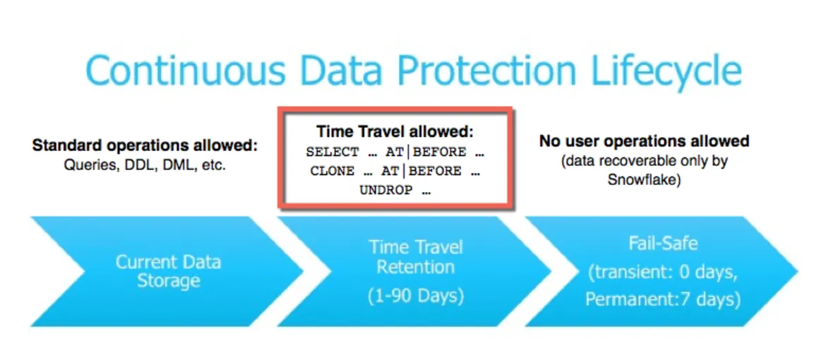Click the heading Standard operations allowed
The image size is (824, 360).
pyautogui.click(x=145, y=147)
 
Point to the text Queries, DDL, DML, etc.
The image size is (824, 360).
pyautogui.click(x=145, y=168)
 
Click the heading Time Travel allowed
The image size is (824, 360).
pyautogui.click(x=395, y=132)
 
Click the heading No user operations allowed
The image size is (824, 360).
pyautogui.click(x=644, y=141)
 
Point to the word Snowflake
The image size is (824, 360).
pyautogui.click(x=643, y=181)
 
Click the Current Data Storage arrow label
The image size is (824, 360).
pyautogui.click(x=168, y=271)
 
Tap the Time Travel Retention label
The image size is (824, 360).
pyautogui.click(x=415, y=257)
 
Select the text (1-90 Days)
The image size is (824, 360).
pyautogui.click(x=415, y=295)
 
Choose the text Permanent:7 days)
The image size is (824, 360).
pyautogui.click(x=662, y=299)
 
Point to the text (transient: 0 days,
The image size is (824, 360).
pyautogui.click(x=662, y=272)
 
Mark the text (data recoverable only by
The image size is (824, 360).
pyautogui.click(x=644, y=161)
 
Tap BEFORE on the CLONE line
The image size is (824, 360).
pyautogui.click(x=434, y=171)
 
